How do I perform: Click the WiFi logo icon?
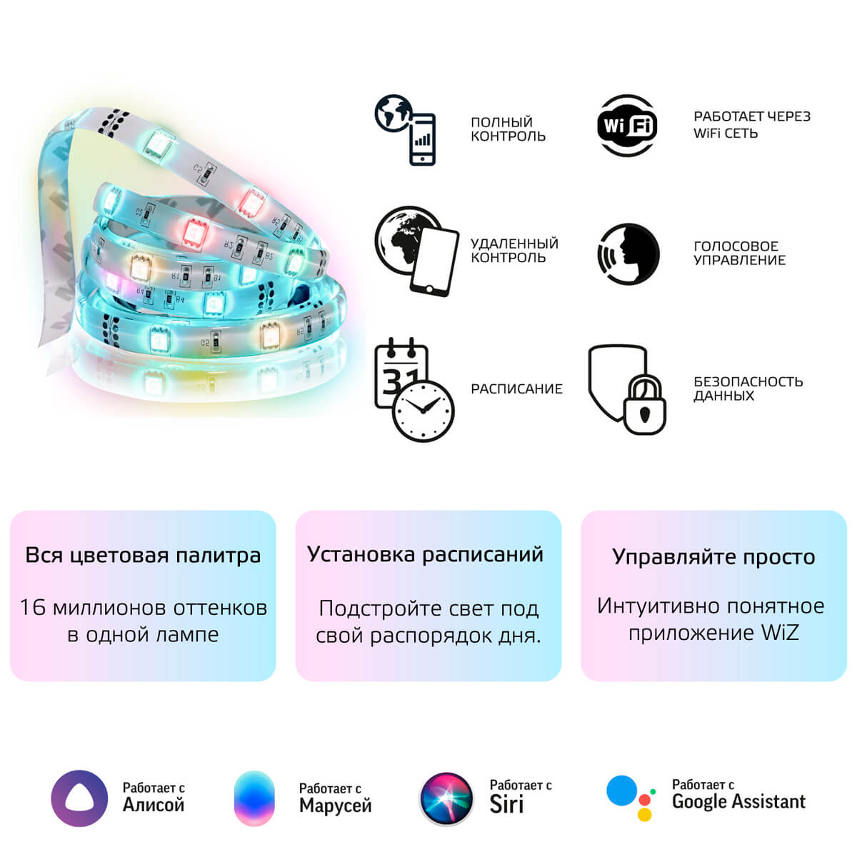tap(627, 126)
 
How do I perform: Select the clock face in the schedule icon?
tap(424, 411)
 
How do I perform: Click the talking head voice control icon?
tap(628, 254)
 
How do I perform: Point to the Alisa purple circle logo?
tap(79, 798)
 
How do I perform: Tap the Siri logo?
tap(446, 798)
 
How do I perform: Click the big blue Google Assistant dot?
tap(621, 791)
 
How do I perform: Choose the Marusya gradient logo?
tap(254, 798)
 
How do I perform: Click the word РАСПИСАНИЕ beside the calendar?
tap(516, 389)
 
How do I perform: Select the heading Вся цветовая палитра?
tap(143, 555)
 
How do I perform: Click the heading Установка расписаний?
tap(425, 554)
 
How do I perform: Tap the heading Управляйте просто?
tap(713, 556)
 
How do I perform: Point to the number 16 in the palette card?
tap(33, 607)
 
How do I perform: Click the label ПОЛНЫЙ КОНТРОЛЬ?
tap(508, 129)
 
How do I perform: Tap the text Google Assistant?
tap(738, 802)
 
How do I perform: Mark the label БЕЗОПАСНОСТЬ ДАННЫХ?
tap(748, 389)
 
